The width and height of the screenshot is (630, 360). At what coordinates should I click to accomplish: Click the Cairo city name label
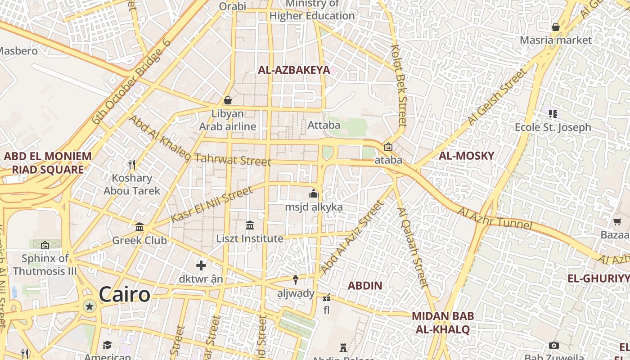(124, 295)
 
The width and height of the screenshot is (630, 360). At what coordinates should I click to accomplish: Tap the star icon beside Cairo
(90, 307)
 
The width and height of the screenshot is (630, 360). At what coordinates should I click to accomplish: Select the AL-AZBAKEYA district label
(293, 70)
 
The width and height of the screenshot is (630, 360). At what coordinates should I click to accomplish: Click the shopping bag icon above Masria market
(556, 27)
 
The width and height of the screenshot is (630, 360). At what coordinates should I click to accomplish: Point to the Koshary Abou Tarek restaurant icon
(131, 165)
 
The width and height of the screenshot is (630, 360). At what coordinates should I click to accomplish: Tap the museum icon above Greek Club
(139, 227)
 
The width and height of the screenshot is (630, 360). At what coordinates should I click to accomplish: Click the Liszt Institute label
(250, 238)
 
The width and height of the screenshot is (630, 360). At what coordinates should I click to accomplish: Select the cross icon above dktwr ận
(201, 265)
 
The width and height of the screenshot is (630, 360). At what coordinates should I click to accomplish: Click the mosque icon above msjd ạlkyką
(313, 194)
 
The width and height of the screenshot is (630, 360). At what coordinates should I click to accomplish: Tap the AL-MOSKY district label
(466, 156)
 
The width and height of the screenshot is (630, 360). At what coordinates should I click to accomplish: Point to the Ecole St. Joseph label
(553, 127)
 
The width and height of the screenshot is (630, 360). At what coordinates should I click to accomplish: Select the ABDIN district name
(365, 285)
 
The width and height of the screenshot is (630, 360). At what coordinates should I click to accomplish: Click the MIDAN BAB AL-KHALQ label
(443, 323)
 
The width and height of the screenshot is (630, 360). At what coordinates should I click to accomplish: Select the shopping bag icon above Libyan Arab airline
(228, 100)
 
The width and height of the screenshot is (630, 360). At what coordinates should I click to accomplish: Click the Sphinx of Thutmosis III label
(45, 265)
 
